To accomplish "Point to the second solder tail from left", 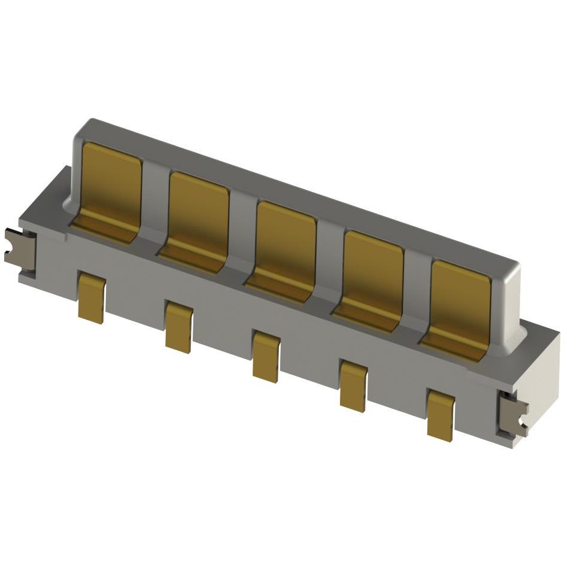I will (x=179, y=327).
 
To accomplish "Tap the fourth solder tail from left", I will (x=353, y=386).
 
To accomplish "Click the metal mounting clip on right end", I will (x=514, y=413).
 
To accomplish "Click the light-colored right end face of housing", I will (x=542, y=383).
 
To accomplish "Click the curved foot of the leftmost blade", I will (x=105, y=230).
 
